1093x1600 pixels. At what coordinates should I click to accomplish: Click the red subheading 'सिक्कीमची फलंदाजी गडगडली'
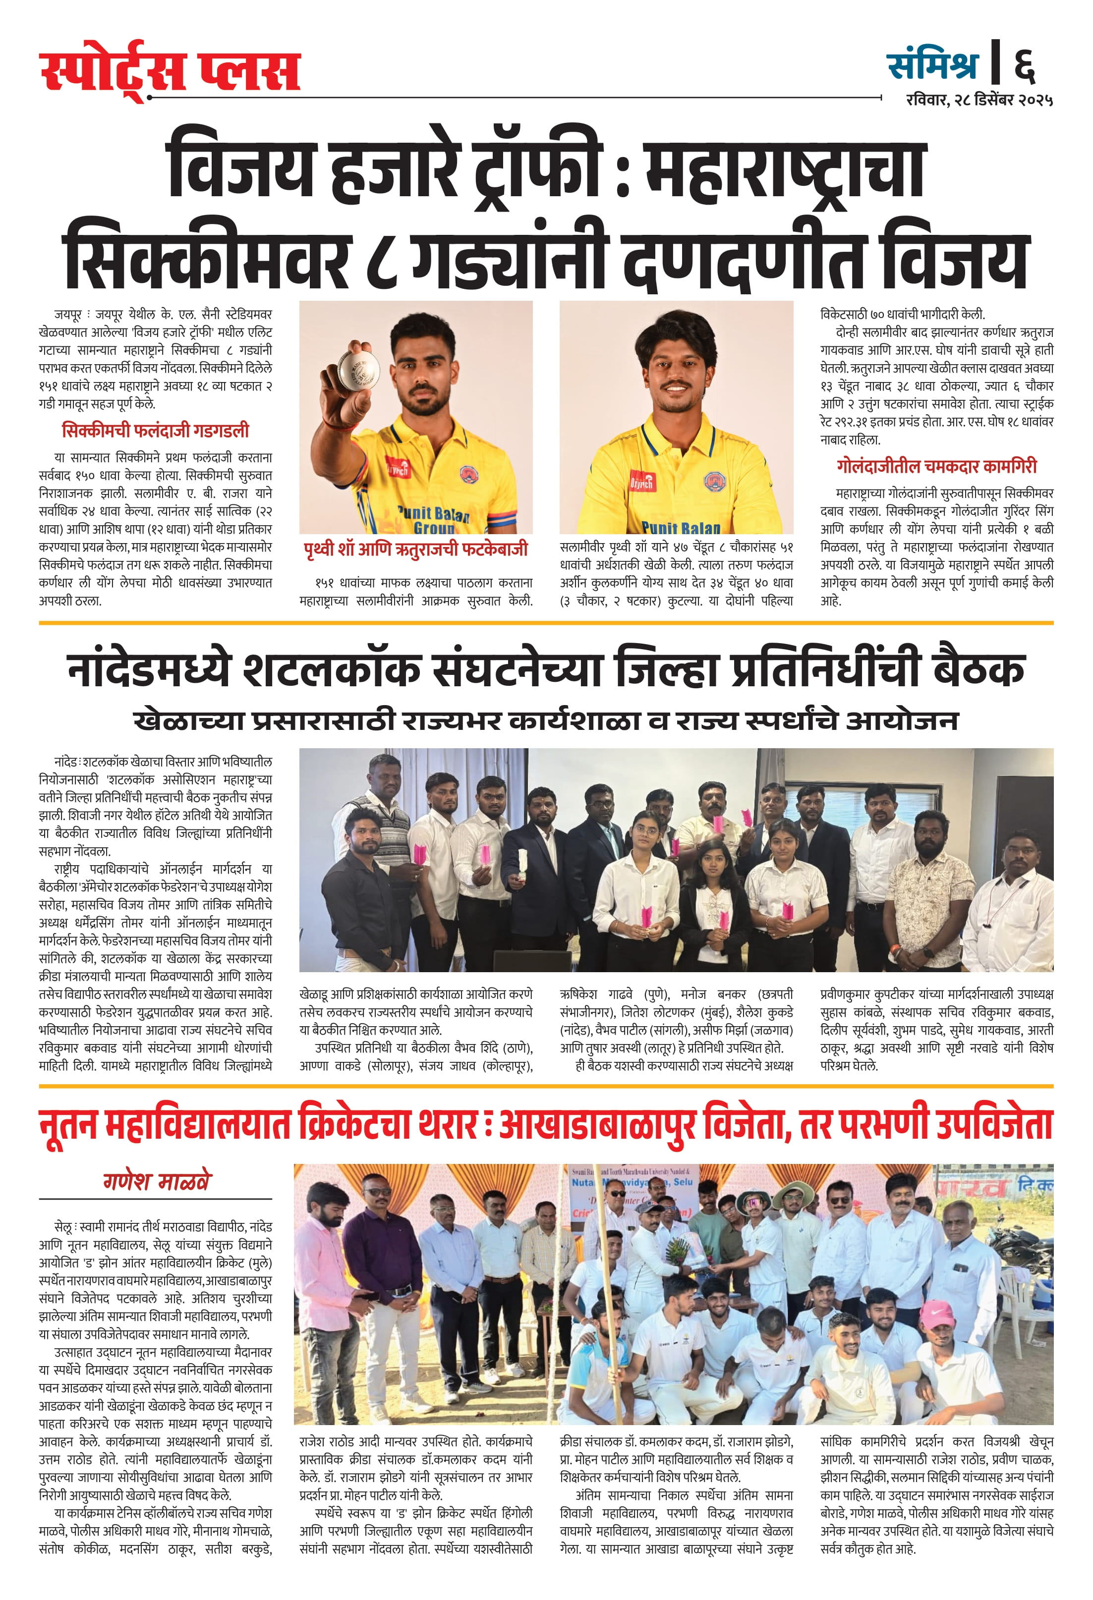click(155, 431)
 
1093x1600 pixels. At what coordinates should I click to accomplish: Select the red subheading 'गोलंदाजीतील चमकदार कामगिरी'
click(937, 466)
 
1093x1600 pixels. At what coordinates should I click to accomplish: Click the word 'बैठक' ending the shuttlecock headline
click(978, 669)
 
